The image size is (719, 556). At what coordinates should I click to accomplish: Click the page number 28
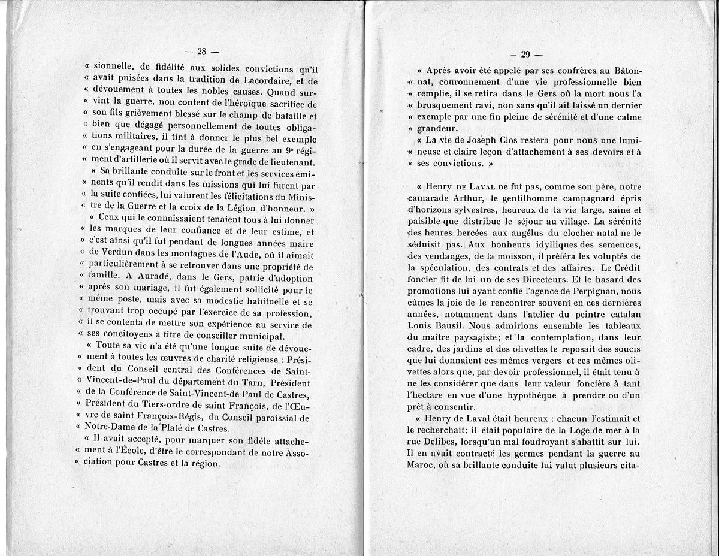(x=202, y=51)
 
